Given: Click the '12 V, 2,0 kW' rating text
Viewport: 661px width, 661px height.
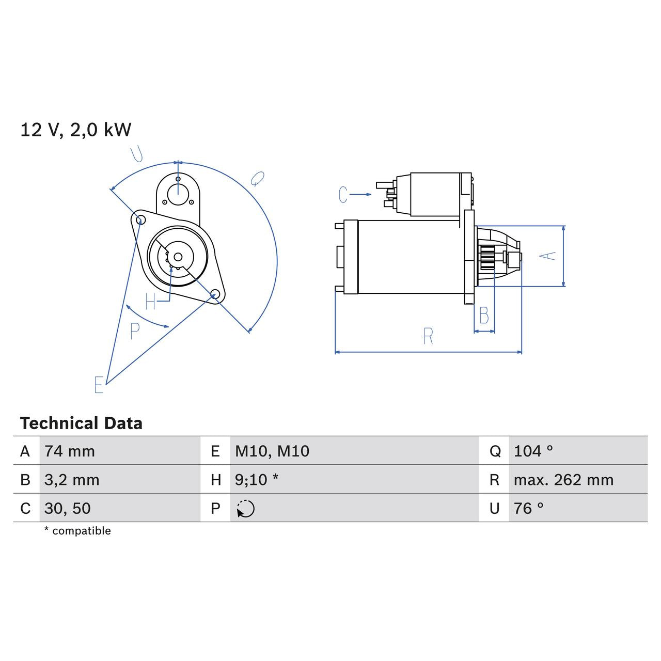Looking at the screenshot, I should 75,130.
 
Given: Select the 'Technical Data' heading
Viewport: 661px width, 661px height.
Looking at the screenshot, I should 81,423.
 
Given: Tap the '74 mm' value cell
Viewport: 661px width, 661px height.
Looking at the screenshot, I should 70,451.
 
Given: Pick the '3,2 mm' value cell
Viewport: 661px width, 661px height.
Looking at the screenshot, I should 72,480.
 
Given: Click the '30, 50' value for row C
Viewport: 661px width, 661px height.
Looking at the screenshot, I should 68,508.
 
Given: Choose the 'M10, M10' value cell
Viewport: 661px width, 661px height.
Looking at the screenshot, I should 272,451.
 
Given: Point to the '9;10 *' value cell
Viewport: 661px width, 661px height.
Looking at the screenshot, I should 257,480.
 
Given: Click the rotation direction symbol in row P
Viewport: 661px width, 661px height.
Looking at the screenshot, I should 246,509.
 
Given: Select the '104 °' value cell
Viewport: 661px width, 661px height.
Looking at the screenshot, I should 533,451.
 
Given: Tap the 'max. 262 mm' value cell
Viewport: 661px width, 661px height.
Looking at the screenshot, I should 563,480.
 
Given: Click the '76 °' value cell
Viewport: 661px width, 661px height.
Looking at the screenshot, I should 529,508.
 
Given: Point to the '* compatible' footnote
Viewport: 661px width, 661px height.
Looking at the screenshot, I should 77,531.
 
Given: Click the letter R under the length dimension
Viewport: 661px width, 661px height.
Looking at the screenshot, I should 428,336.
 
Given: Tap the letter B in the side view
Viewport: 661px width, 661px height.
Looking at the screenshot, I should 484,316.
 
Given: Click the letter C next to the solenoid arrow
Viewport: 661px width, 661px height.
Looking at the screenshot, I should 343,195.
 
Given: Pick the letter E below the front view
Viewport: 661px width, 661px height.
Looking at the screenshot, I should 99,385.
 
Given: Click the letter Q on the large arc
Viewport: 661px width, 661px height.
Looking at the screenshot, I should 257,179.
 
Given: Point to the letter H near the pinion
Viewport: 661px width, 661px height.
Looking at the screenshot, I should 150,302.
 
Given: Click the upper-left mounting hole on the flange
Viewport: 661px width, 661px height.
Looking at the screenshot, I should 139,219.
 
